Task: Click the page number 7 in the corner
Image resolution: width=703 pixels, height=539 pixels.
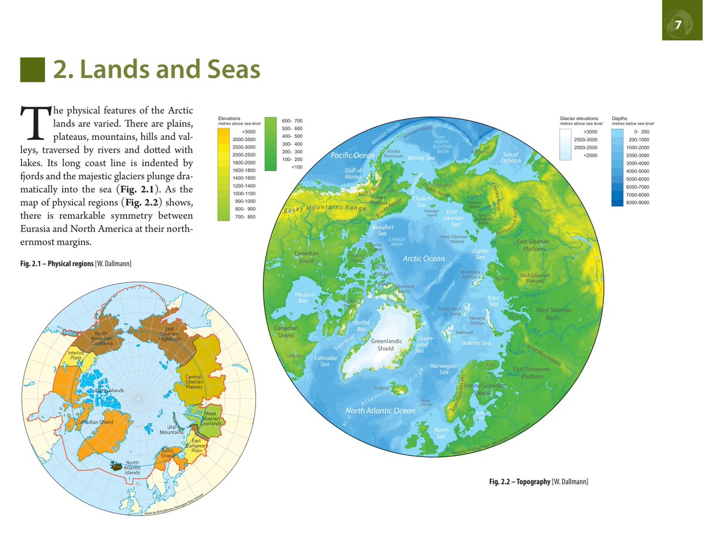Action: tap(677, 25)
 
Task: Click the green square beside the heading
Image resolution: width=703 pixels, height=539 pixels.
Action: tap(33, 70)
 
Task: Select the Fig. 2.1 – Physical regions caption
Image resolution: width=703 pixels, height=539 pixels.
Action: tap(76, 265)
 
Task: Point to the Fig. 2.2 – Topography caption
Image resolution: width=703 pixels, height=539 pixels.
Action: tap(538, 482)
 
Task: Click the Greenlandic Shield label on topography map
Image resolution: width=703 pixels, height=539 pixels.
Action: tap(385, 344)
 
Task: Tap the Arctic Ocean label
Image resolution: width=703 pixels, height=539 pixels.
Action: tap(423, 258)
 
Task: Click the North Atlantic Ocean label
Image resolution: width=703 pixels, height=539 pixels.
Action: tap(380, 410)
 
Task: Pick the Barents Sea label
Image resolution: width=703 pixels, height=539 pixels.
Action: tap(476, 343)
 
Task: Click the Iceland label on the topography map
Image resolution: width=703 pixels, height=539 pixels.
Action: tap(381, 388)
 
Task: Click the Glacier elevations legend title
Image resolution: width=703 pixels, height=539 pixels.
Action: tap(579, 119)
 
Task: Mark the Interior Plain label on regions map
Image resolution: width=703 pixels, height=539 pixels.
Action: tap(76, 355)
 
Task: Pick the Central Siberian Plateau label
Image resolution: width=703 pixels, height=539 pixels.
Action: tap(193, 382)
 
